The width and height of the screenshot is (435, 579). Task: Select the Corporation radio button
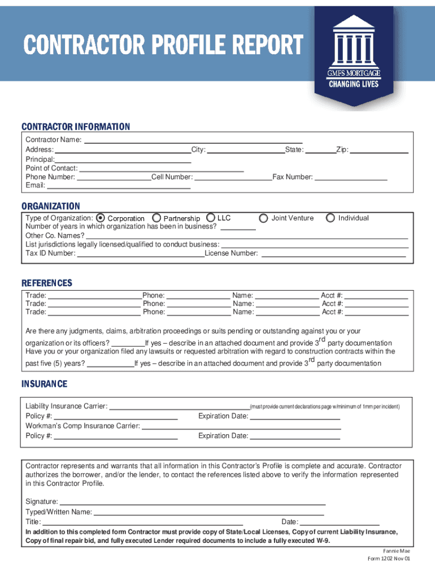pos(101,218)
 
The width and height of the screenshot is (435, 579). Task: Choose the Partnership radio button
pos(156,218)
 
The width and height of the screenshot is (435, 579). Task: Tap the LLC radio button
pos(210,217)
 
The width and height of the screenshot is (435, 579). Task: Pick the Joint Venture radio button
pos(263,218)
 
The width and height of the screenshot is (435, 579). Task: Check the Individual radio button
pos(330,218)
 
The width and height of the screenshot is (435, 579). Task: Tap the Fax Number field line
pos(350,178)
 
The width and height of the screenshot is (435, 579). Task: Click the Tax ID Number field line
pos(140,254)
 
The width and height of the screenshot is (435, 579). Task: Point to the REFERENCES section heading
pos(47,283)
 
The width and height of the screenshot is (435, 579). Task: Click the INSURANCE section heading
pos(44,384)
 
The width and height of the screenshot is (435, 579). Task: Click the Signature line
pos(192,503)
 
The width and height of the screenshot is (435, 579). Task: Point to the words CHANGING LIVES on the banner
pos(354,85)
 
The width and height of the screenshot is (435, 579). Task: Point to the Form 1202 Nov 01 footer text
pos(389,559)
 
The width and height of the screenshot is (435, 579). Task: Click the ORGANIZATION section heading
pos(51,206)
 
